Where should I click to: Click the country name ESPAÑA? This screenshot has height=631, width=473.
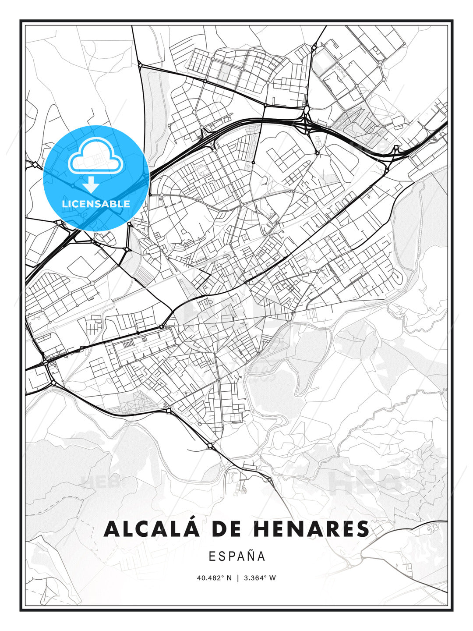[237, 556]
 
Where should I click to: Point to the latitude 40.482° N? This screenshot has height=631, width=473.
[214, 578]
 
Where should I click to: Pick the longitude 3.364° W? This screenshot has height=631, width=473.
[260, 578]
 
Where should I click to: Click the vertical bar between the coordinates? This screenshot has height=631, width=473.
[238, 578]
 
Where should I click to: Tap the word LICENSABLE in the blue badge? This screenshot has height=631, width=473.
[96, 204]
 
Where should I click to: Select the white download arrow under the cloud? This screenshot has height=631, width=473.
[91, 184]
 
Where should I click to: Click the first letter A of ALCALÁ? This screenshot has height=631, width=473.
[112, 529]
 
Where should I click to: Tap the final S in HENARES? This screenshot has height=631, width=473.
[363, 529]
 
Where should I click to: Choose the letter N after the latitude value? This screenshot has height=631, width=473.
[229, 578]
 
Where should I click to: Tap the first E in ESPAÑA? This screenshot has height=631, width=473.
[212, 556]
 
